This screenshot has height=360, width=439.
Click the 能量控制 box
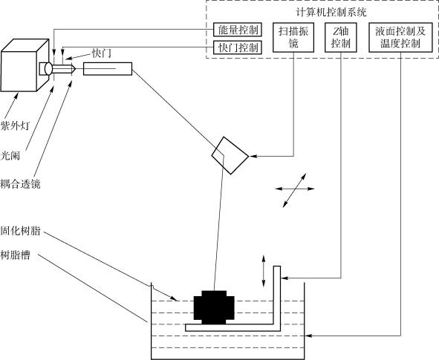click(238, 30)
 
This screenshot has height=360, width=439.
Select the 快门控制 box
click(238, 48)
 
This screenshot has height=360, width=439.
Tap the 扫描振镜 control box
click(293, 37)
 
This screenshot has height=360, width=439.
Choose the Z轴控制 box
click(341, 37)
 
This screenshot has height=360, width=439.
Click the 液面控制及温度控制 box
click(400, 37)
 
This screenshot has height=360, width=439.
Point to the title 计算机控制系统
click(331, 13)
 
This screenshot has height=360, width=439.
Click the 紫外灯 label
click(15, 126)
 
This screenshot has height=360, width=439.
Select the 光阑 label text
click(10, 156)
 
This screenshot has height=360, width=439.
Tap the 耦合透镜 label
click(20, 184)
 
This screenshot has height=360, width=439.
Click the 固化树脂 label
click(20, 231)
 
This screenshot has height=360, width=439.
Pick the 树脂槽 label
click(15, 255)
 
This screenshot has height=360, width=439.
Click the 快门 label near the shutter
click(102, 53)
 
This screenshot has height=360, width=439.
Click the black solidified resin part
click(214, 307)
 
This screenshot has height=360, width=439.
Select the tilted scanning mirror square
click(230, 156)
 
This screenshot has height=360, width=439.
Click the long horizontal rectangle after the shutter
click(108, 69)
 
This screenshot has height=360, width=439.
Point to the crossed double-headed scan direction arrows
click(295, 190)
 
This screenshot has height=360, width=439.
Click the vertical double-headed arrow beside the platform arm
click(263, 271)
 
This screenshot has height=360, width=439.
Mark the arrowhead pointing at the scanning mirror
click(252, 156)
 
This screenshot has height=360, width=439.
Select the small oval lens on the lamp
click(48, 68)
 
